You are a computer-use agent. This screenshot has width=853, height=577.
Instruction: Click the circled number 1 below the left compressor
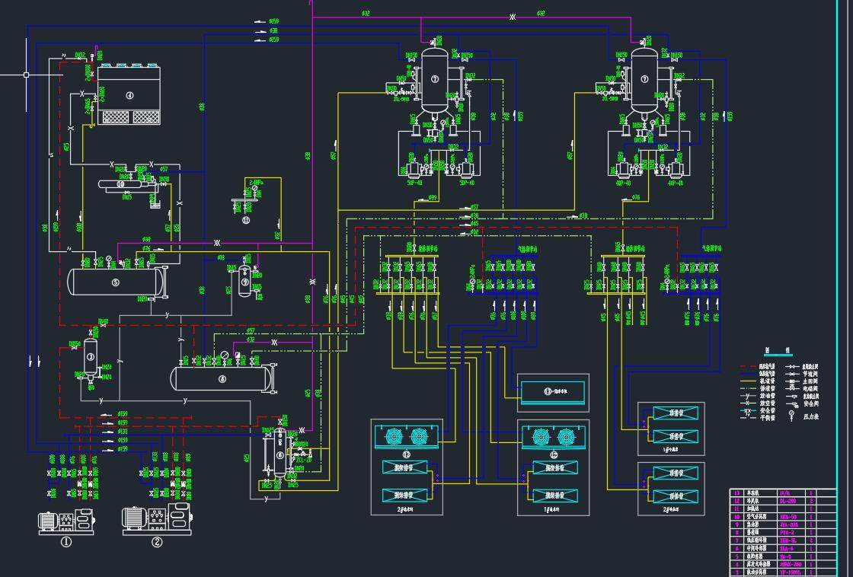pyautogui.click(x=66, y=543)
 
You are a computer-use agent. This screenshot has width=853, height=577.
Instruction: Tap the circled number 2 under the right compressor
pyautogui.click(x=157, y=543)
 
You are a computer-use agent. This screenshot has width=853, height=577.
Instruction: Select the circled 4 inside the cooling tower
pyautogui.click(x=129, y=95)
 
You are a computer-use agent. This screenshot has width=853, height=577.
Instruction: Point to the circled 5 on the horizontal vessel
pyautogui.click(x=116, y=282)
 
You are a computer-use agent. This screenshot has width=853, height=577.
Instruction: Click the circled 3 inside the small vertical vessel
pyautogui.click(x=90, y=356)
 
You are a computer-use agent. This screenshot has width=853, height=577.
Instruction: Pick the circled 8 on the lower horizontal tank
pyautogui.click(x=222, y=378)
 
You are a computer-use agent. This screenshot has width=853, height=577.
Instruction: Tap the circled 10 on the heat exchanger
pyautogui.click(x=120, y=183)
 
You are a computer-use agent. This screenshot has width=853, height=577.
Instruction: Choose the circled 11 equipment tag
pyautogui.click(x=245, y=220)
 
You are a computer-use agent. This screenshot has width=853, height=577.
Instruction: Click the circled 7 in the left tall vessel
pyautogui.click(x=435, y=78)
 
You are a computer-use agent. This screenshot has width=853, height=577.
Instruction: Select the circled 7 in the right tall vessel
pyautogui.click(x=644, y=78)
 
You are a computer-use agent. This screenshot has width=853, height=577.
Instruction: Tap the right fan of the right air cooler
pyautogui.click(x=565, y=436)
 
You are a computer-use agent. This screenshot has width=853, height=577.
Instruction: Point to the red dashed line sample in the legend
pyautogui.click(x=748, y=366)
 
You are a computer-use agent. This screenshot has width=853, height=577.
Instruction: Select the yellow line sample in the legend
pyautogui.click(x=748, y=389)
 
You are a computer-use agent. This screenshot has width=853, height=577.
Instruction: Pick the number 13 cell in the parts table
pyautogui.click(x=736, y=493)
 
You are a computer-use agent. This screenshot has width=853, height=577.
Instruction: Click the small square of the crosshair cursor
pyautogui.click(x=26, y=75)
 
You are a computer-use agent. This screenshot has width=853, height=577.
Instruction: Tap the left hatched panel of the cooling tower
pyautogui.click(x=116, y=117)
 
